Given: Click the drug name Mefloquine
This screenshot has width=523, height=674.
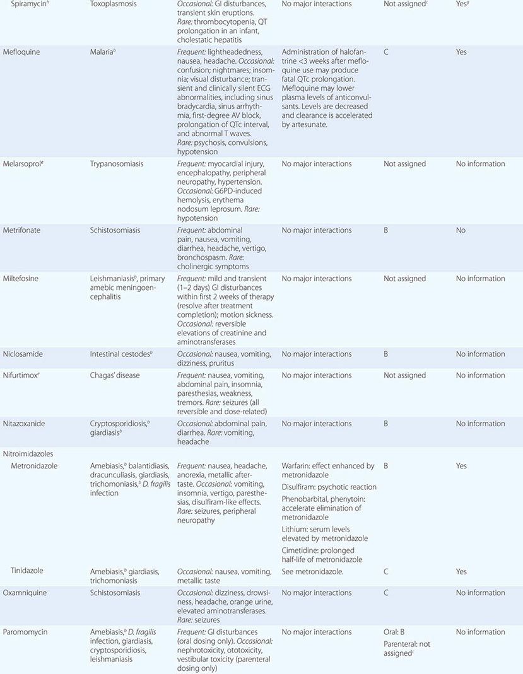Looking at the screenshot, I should [x=21, y=52].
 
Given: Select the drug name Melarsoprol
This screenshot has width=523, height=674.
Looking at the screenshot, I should [x=23, y=164].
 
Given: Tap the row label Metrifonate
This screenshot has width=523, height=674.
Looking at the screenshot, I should [x=21, y=230].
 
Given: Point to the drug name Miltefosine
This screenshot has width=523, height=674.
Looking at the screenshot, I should [x=21, y=279].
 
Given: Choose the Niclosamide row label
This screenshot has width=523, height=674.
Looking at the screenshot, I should [x=23, y=354].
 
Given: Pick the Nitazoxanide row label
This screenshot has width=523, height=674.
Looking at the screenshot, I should [x=24, y=424].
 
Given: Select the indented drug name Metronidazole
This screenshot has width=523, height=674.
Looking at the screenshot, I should [x=35, y=466].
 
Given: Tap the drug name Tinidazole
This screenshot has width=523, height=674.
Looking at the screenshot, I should [x=26, y=571].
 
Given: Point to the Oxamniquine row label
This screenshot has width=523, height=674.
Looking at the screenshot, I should [x=25, y=593].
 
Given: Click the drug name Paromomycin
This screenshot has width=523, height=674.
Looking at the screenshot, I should [x=24, y=632].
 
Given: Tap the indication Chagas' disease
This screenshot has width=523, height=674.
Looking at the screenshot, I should [x=115, y=375].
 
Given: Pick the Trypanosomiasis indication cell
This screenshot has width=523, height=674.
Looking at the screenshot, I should [x=117, y=164].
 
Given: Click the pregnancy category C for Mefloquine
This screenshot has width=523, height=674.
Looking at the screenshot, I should [x=386, y=52].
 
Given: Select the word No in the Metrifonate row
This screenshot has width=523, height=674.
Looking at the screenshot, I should [x=461, y=230].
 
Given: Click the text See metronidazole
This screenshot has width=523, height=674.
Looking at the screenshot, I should [x=312, y=571].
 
